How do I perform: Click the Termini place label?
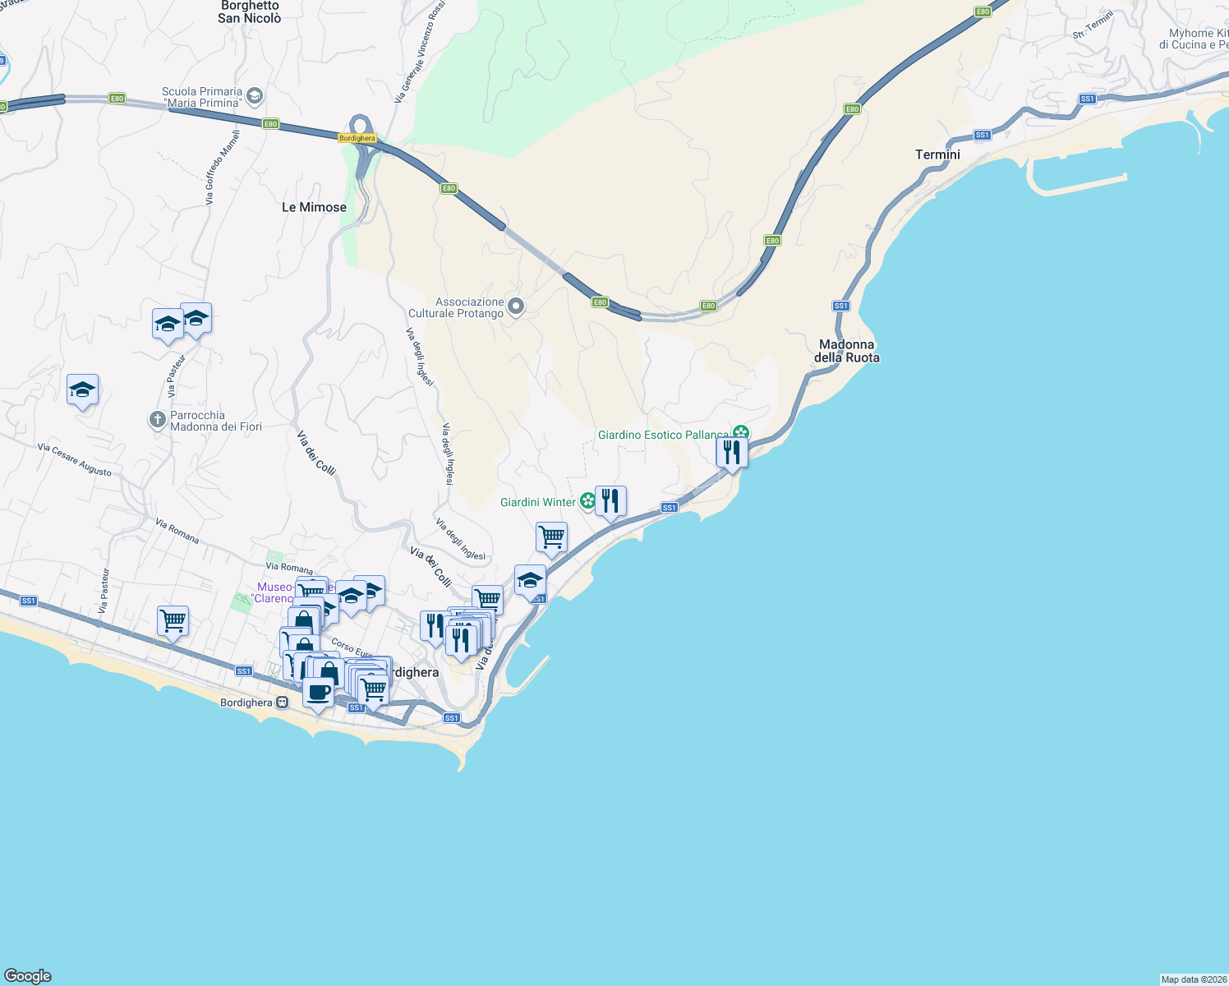point(937,154)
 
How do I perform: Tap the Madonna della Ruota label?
point(847,351)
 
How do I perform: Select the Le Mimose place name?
point(314,207)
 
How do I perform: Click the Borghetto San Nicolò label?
point(250,12)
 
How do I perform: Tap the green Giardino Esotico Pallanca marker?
point(741,433)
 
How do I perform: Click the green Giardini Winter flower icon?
point(587,500)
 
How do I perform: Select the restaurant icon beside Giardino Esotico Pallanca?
point(730,453)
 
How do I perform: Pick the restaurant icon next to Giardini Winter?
point(610,500)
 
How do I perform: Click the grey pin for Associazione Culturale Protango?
point(516,306)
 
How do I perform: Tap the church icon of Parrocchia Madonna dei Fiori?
point(157,420)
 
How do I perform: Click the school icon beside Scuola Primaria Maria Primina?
point(255,96)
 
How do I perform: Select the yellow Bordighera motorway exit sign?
point(357,138)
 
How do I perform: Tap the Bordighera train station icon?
point(282,703)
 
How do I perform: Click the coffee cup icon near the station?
point(318,692)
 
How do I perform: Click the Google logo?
point(28,976)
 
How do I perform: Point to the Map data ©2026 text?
point(1193,979)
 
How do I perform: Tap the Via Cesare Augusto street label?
point(75,460)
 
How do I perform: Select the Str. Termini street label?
point(1093,25)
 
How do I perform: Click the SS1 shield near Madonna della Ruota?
point(840,306)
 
